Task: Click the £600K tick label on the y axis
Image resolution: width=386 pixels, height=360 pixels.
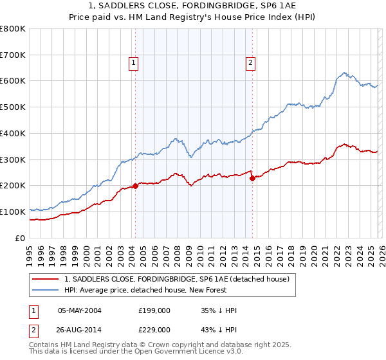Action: click(x=12, y=81)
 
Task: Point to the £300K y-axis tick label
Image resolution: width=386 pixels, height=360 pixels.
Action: click(x=12, y=159)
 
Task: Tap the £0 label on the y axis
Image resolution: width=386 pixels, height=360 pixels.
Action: click(x=20, y=238)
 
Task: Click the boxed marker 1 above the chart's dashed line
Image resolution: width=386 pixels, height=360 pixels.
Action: click(x=133, y=62)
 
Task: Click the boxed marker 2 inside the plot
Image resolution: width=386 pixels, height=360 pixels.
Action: click(x=250, y=62)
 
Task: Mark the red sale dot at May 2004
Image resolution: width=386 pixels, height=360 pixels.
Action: click(x=135, y=186)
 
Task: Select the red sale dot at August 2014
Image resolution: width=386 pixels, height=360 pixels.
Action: click(x=252, y=178)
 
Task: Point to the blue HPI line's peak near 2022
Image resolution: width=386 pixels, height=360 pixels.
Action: click(x=345, y=73)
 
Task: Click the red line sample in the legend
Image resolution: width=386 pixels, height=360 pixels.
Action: click(x=46, y=279)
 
